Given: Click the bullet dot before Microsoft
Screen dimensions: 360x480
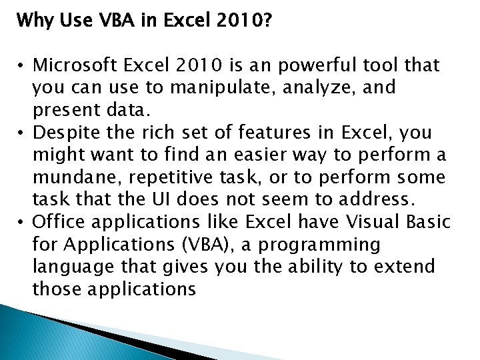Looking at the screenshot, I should [22, 66].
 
